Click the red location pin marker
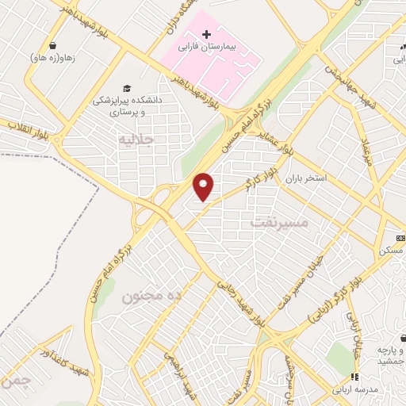205,186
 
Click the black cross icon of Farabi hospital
206,35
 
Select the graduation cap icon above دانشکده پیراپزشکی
125,87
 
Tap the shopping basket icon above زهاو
52,46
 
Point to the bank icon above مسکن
400,238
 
